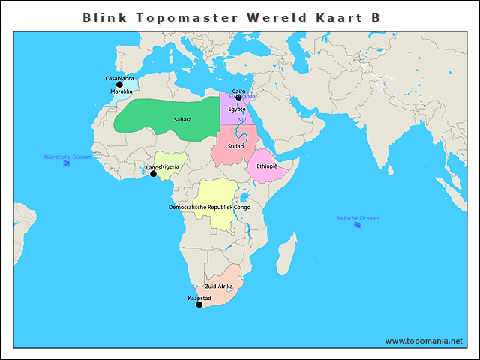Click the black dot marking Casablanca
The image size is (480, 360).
pyautogui.click(x=119, y=85)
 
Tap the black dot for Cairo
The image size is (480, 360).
pyautogui.click(x=238, y=97)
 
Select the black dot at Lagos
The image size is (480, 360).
pyautogui.click(x=153, y=174)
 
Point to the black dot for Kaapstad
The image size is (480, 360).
pyautogui.click(x=199, y=304)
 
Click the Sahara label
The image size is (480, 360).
pyautogui.click(x=182, y=120)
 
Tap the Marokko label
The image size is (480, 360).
pyautogui.click(x=121, y=92)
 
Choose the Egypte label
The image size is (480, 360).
pyautogui.click(x=237, y=109)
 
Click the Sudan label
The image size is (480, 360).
pyautogui.click(x=235, y=146)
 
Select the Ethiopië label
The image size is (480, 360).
pyautogui.click(x=267, y=166)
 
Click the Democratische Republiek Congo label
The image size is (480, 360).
pyautogui.click(x=209, y=207)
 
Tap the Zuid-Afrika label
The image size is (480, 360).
pyautogui.click(x=219, y=286)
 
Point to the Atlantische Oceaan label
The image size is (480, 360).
pyautogui.click(x=67, y=157)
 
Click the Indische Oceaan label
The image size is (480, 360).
pyautogui.click(x=358, y=218)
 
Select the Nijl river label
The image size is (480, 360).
pyautogui.click(x=241, y=120)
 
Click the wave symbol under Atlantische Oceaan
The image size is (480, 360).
pyautogui.click(x=67, y=163)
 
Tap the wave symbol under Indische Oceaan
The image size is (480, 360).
pyautogui.click(x=358, y=225)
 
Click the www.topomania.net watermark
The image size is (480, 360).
pyautogui.click(x=424, y=340)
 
